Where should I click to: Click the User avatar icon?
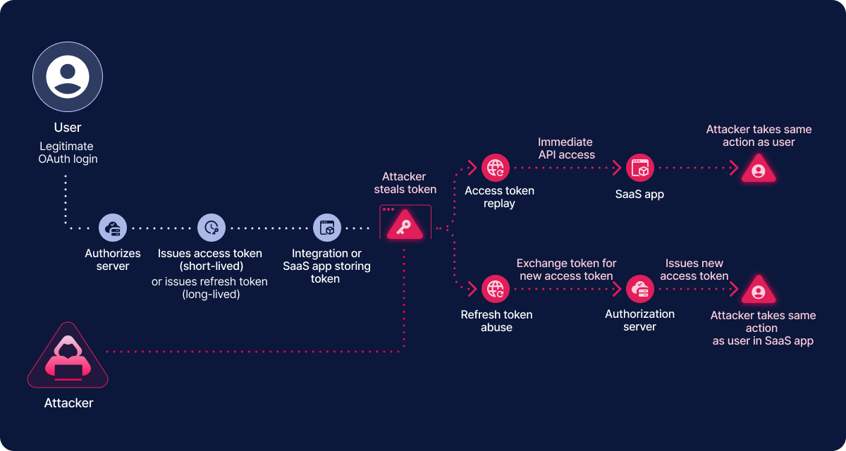click(x=68, y=78)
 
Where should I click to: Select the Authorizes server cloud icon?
click(x=113, y=228)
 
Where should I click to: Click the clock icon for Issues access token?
click(x=211, y=228)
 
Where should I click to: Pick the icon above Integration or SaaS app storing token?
click(x=326, y=228)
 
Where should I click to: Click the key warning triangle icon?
click(x=405, y=225)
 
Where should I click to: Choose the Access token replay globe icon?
click(x=496, y=168)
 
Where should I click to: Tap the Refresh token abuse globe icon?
click(x=496, y=289)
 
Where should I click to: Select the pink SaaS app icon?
click(x=640, y=168)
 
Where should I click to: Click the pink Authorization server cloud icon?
click(x=640, y=289)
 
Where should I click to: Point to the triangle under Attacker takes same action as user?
click(x=759, y=170)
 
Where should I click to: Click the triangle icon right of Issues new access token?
click(x=759, y=290)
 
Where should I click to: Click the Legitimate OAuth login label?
click(x=68, y=153)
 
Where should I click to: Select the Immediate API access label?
click(x=566, y=148)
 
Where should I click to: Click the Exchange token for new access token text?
click(x=566, y=270)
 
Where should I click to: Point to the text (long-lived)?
click(x=210, y=295)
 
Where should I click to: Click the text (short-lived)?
click(x=210, y=266)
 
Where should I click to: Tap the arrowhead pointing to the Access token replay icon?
click(x=472, y=168)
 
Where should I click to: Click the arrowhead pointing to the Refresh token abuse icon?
click(x=472, y=289)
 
